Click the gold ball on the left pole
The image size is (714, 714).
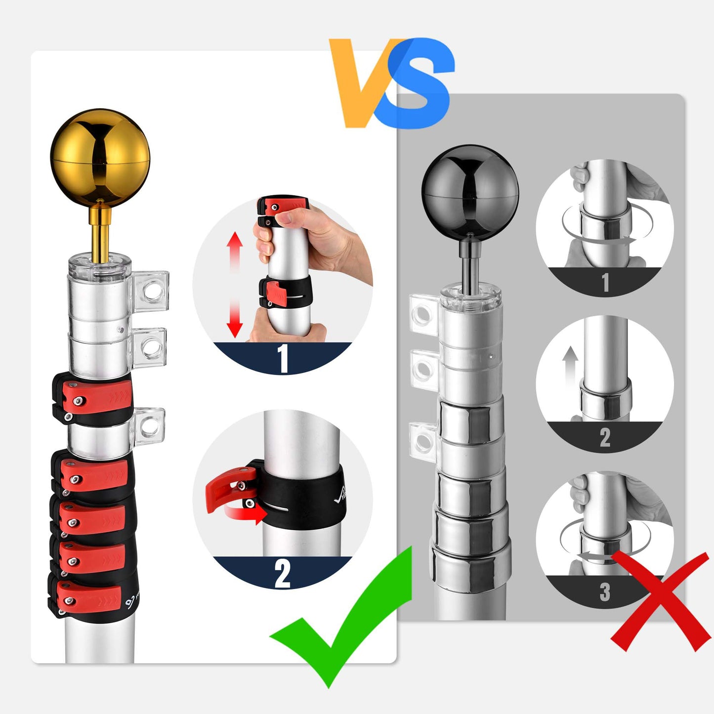[100, 158]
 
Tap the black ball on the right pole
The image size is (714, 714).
[470, 193]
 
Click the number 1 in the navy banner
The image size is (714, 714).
[283, 358]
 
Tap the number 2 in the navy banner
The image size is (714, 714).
[282, 574]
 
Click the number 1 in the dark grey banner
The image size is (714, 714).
[605, 283]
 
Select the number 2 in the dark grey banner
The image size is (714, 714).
[605, 438]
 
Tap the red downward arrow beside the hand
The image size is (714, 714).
[235, 319]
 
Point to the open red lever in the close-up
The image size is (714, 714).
[230, 488]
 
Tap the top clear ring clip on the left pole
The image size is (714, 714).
[151, 291]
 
